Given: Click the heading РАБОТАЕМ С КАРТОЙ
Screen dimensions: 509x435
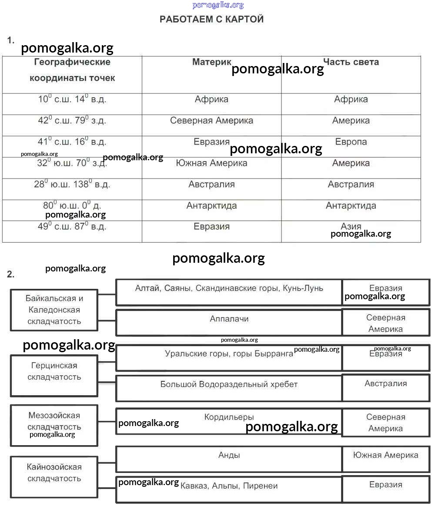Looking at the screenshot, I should click(x=211, y=19).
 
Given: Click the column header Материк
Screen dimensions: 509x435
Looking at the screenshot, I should click(x=212, y=62).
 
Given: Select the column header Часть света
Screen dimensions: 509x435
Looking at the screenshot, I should click(x=351, y=62).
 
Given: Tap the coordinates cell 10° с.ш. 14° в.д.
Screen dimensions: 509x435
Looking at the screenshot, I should click(x=72, y=99).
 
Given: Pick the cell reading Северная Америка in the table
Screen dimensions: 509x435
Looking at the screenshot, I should click(x=211, y=121).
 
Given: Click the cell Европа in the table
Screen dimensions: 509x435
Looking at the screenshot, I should click(x=351, y=142).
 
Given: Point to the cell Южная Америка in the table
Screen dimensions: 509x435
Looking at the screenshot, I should click(x=211, y=163).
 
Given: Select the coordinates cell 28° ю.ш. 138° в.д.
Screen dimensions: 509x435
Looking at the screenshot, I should click(x=72, y=185).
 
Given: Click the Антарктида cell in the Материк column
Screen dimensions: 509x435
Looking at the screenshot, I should click(x=211, y=206).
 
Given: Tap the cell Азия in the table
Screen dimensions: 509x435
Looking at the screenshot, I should click(x=351, y=227).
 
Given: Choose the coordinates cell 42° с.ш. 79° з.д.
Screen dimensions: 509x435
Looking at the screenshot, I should click(x=72, y=121).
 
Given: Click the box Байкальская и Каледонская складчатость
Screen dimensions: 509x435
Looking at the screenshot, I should click(x=54, y=310).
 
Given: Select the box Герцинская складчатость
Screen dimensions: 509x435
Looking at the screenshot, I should click(x=54, y=372).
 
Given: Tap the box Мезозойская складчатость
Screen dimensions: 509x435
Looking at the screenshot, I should click(x=54, y=422).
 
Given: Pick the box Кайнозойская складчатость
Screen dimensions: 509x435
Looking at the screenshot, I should click(x=54, y=473).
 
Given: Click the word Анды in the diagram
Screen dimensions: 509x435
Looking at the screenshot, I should click(x=229, y=455).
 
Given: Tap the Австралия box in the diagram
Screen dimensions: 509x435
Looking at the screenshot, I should click(x=385, y=384).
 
